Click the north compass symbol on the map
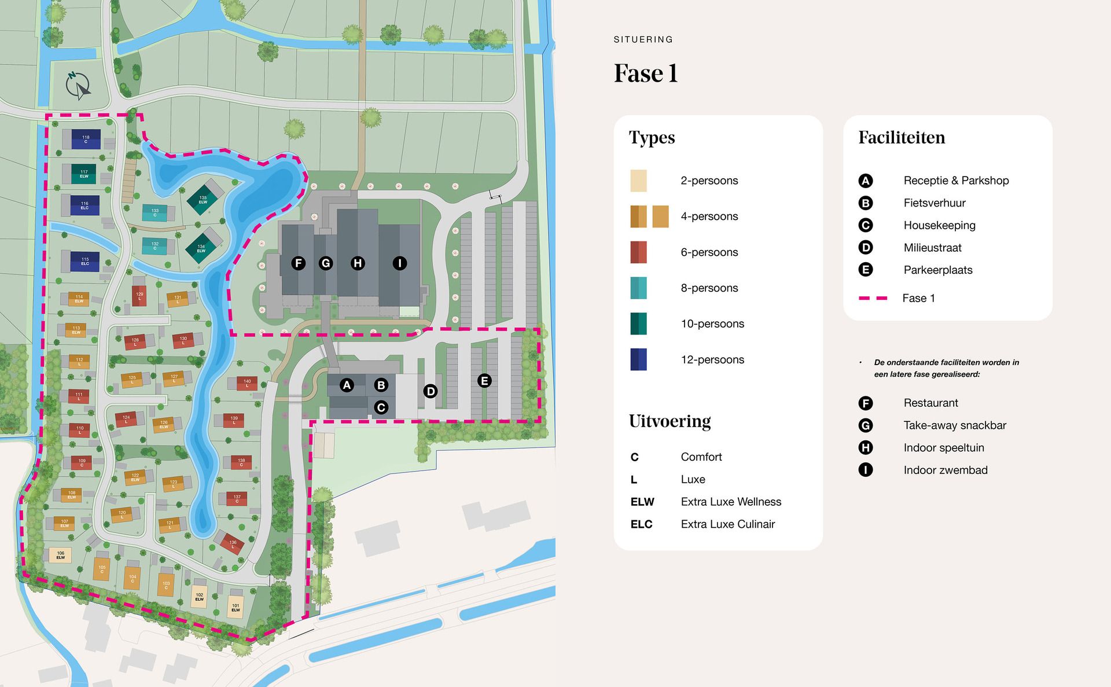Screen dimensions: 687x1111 78,86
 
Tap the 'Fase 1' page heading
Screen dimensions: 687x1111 645,74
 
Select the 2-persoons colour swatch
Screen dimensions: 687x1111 638,181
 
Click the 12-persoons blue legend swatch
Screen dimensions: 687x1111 638,359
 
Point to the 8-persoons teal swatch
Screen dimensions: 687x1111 638,288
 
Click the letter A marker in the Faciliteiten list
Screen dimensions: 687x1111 865,181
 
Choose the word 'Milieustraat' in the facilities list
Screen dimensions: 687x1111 932,248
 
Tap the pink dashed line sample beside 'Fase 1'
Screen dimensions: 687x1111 873,298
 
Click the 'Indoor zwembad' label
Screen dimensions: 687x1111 946,470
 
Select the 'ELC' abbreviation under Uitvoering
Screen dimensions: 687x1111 641,524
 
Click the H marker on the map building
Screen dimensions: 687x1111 358,263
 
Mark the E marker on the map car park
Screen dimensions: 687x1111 484,380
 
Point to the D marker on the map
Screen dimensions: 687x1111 430,391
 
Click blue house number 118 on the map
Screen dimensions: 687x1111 86,139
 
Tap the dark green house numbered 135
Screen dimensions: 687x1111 203,200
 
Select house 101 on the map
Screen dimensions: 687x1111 236,607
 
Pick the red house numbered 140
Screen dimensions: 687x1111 247,383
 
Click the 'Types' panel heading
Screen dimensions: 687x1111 652,138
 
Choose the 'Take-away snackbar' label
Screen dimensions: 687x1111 955,425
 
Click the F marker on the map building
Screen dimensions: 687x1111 299,263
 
